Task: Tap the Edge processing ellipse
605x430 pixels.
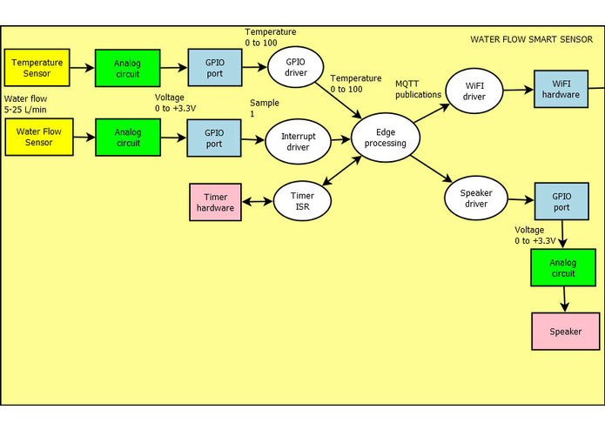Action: tap(385, 138)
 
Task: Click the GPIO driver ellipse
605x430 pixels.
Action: tap(294, 67)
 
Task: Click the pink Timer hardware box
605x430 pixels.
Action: tap(215, 202)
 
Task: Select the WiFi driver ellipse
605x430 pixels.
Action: tap(474, 90)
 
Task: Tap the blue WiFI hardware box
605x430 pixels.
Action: tap(560, 90)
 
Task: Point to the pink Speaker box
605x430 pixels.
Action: tap(565, 332)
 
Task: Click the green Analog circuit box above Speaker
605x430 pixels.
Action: tap(563, 267)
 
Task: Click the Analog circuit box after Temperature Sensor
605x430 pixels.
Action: tap(127, 68)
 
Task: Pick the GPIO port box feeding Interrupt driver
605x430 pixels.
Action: tap(213, 138)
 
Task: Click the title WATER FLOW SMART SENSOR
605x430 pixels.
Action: tap(531, 39)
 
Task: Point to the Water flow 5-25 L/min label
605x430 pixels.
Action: tap(25, 104)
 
